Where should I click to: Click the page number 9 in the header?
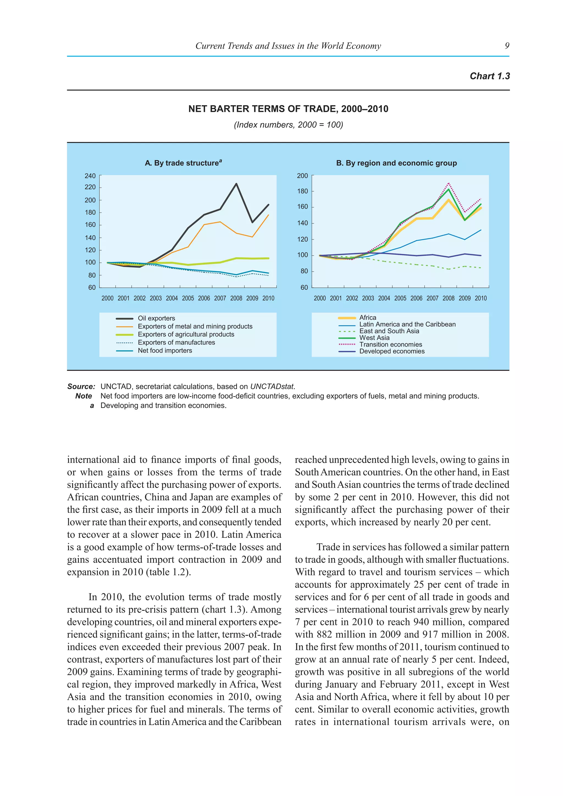coord(507,46)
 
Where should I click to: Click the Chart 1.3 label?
coord(490,76)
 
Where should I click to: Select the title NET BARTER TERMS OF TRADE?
coord(288,109)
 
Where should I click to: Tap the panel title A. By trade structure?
coord(183,163)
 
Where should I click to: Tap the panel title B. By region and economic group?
coord(396,163)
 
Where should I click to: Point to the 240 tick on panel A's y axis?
coord(90,176)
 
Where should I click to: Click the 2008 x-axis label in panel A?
coord(236,298)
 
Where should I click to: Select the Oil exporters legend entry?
coord(156,318)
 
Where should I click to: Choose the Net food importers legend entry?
coord(165,350)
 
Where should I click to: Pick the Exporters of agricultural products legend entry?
coord(186,334)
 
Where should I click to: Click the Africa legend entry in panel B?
coord(368,317)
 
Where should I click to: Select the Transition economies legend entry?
coord(390,344)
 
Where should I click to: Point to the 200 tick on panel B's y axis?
coord(302,176)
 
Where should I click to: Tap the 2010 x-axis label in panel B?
coord(481,298)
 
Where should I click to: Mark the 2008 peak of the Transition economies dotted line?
coord(449,183)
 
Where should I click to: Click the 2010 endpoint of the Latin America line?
coord(481,230)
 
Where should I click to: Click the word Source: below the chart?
coord(81,386)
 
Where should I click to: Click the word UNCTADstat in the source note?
coord(272,386)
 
